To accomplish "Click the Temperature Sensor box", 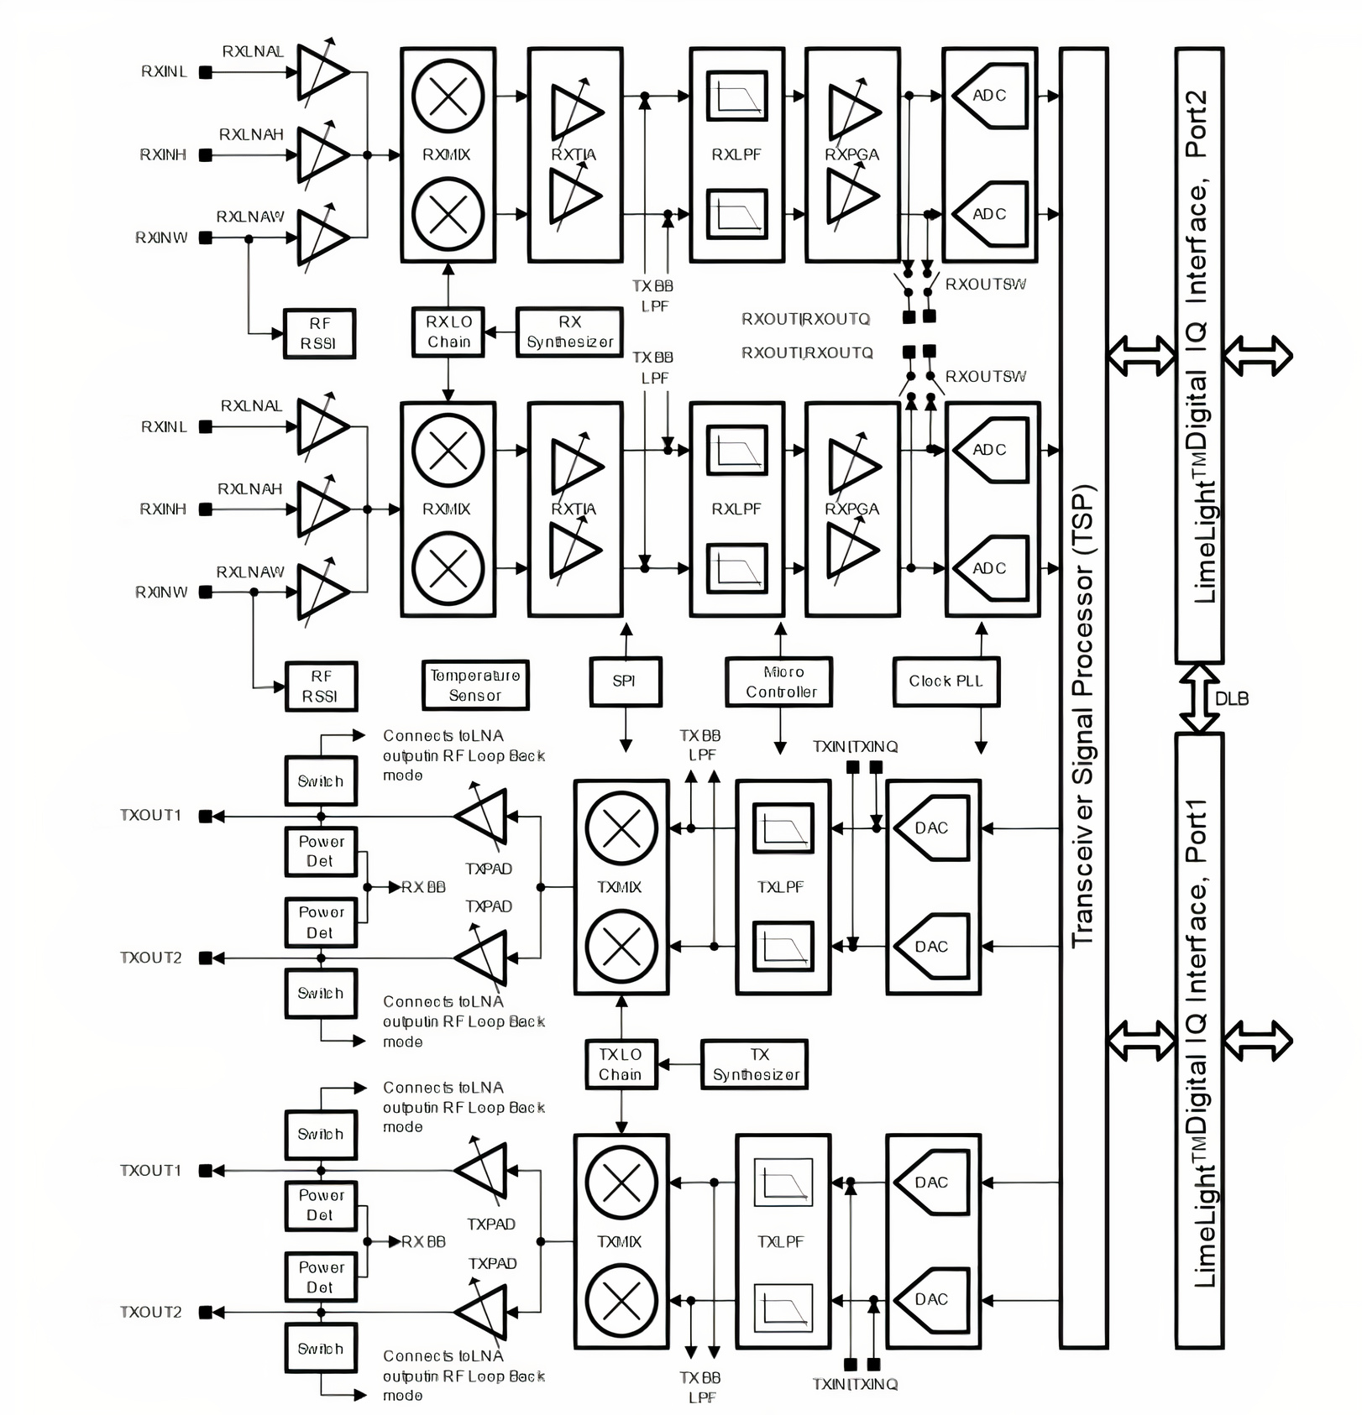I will click(x=474, y=685).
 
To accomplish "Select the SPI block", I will click(x=625, y=681).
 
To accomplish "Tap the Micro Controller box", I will click(x=779, y=681).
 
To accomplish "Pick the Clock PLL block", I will click(x=946, y=681).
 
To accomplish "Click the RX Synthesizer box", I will click(x=569, y=332).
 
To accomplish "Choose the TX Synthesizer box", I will click(x=754, y=1064).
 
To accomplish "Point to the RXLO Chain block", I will click(x=448, y=332).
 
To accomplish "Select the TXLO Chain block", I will click(x=621, y=1064).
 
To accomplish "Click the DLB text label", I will click(x=1232, y=698).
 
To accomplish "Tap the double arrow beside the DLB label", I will click(x=1199, y=698).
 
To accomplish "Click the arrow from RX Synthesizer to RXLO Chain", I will click(x=500, y=332).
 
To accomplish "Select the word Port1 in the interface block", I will click(x=1196, y=831).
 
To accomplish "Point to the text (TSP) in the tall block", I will click(x=1083, y=520).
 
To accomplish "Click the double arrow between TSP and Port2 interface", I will click(x=1141, y=355).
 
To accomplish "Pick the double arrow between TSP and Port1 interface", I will click(x=1141, y=1041).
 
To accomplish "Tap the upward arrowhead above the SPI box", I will click(x=625, y=629).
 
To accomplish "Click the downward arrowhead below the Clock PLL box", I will click(x=981, y=747).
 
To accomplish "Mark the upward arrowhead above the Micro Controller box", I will click(x=780, y=629).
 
